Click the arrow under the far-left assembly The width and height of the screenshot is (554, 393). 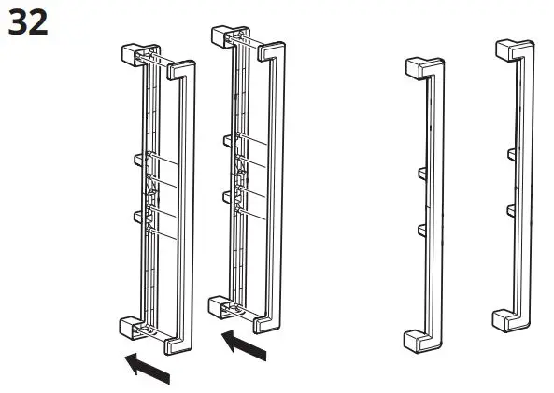[x=149, y=368]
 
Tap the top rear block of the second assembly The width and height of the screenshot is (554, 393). [x=222, y=35]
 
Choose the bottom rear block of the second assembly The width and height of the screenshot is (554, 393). [x=217, y=306]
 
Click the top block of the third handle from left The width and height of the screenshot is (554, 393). [x=417, y=66]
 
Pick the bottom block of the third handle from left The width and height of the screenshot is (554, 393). [x=413, y=340]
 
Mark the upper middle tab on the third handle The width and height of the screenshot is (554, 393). [x=419, y=173]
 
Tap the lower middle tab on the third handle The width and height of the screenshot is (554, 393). [x=419, y=229]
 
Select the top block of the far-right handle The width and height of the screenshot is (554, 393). [x=506, y=49]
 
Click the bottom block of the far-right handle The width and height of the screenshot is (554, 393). [x=503, y=319]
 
